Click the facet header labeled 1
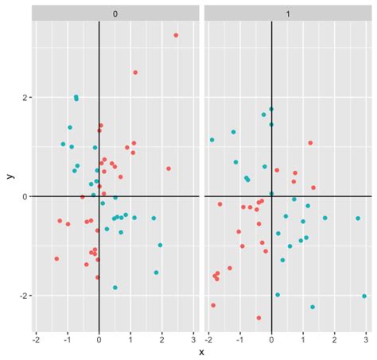point(287,13)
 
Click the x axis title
point(201,351)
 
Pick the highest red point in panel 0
point(176,35)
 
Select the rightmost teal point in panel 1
point(364,296)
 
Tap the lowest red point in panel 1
point(258,318)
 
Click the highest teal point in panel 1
point(271,109)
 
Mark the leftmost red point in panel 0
point(56,258)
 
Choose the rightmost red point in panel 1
point(313,188)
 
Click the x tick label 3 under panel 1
point(365,338)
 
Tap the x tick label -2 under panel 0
point(36,338)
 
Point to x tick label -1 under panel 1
point(240,338)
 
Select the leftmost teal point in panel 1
point(212,140)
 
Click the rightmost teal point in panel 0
point(160,246)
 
